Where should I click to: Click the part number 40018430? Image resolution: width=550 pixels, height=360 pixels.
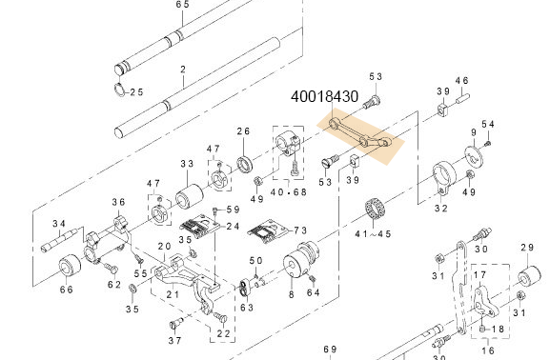click(325, 96)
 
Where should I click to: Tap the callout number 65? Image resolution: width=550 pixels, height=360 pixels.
click(183, 5)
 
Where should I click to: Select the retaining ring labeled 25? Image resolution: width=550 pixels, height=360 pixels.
click(120, 89)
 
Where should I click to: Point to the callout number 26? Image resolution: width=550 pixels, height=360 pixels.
click(243, 131)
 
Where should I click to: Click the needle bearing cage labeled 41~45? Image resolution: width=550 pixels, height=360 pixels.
click(375, 209)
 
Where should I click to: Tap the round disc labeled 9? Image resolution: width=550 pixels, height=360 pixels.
click(474, 157)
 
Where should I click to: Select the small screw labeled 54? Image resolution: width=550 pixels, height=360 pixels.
click(487, 143)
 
